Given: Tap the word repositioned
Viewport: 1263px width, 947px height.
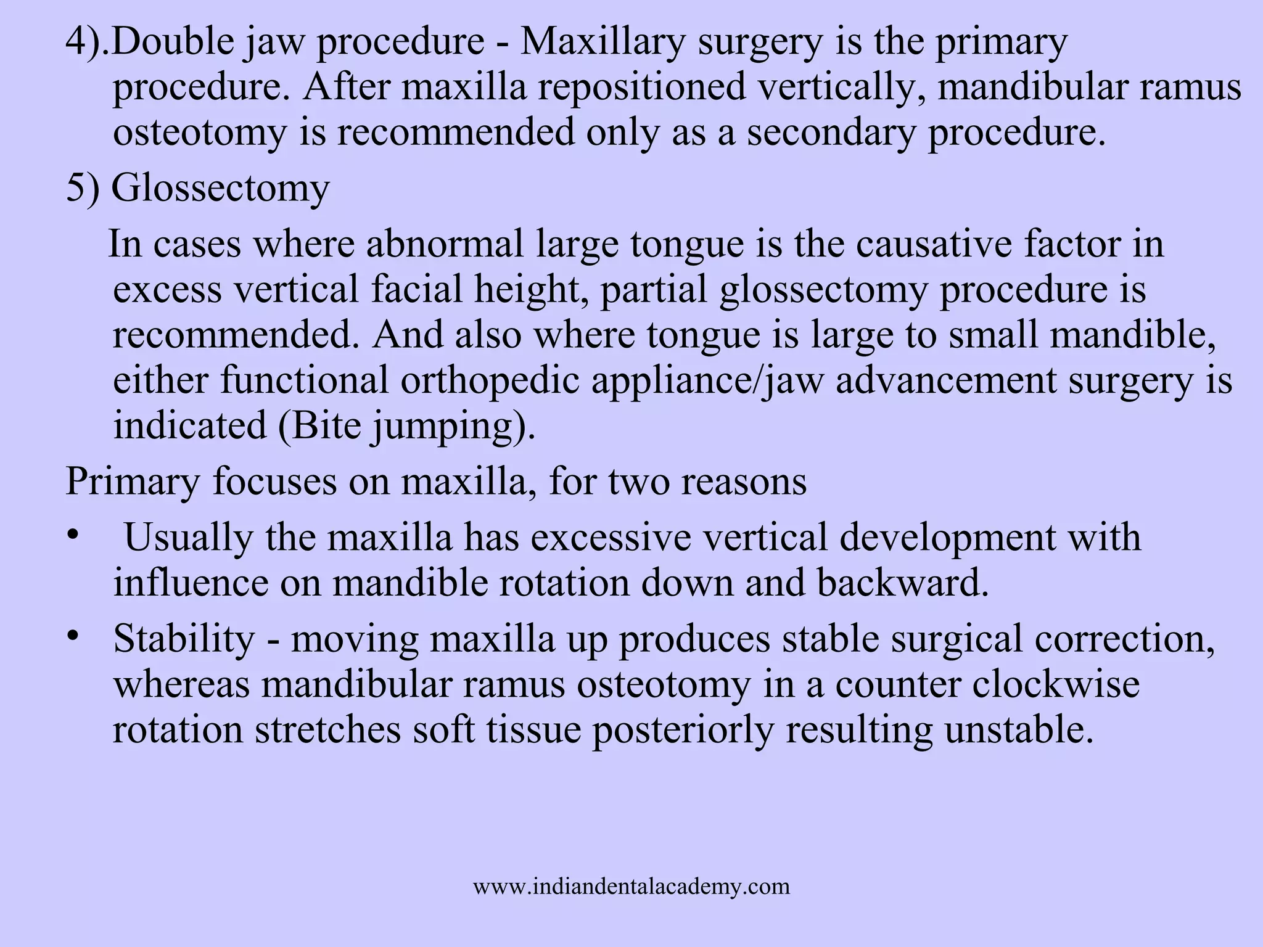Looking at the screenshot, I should pos(641,87).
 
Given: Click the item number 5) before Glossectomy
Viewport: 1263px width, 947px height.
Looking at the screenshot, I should pos(83,188).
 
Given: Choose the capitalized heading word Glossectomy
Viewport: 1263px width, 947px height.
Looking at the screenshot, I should pos(220,188).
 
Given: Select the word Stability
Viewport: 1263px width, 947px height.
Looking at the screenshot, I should pos(184,638).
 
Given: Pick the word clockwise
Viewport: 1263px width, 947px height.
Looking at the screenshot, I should pos(1055,684).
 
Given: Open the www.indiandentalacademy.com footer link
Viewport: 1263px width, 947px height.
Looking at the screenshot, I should pos(631,887).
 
